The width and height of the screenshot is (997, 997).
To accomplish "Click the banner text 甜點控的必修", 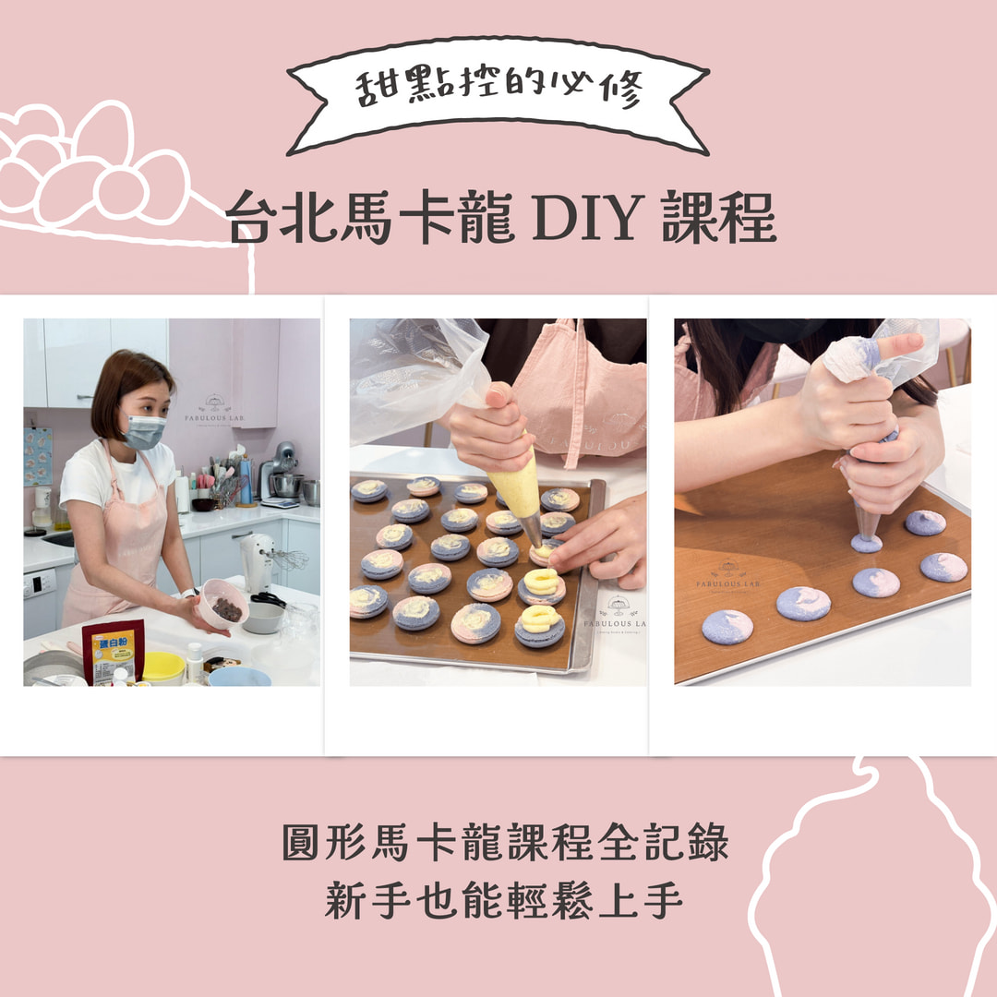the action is [x=498, y=88].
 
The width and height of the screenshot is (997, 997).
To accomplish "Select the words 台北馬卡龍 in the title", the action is [x=370, y=218].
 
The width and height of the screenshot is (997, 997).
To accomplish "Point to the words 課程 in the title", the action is [x=719, y=218].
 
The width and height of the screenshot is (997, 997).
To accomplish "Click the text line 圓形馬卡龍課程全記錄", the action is [x=506, y=842].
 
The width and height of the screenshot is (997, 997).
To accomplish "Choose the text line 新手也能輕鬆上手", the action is [x=504, y=900].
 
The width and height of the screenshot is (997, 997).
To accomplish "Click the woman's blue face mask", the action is [x=144, y=431].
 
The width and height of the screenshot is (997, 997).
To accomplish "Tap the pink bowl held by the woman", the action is [x=222, y=603].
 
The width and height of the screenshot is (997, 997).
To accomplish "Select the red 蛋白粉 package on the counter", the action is [x=114, y=652].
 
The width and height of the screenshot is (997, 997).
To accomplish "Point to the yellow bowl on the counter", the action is [x=163, y=667].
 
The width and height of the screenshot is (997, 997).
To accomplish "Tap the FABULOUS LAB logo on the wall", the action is [x=214, y=410].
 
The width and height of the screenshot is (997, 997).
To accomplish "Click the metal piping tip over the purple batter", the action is [x=867, y=522].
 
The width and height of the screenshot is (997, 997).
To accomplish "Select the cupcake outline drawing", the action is [x=872, y=878].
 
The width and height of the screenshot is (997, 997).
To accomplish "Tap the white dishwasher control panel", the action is [x=40, y=583].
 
